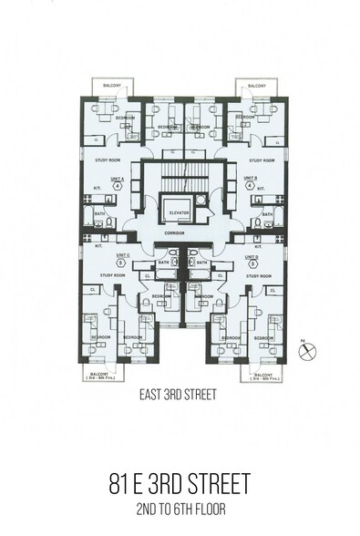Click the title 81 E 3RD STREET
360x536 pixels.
pyautogui.click(x=180, y=479)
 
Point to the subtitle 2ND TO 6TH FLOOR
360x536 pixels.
pyautogui.click(x=180, y=508)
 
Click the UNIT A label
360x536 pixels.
pyautogui.click(x=117, y=179)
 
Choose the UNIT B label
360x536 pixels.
pyautogui.click(x=251, y=179)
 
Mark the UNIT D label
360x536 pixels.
pyautogui.click(x=251, y=256)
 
